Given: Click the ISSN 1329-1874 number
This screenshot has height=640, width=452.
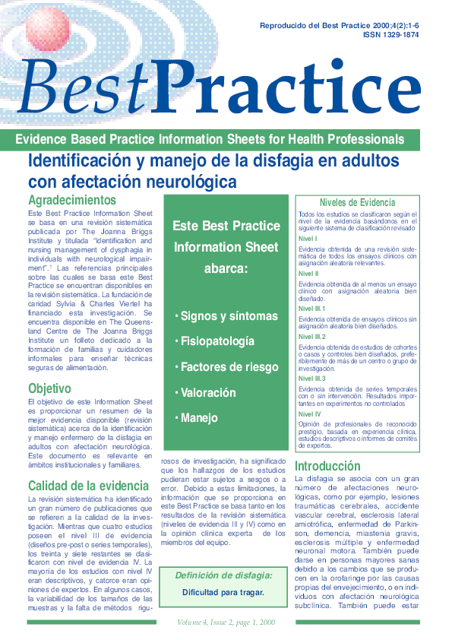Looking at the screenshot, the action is pyautogui.click(x=391, y=35).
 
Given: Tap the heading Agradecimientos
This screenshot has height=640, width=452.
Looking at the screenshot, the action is pyautogui.click(x=71, y=200).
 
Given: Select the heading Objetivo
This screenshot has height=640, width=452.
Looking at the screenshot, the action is pyautogui.click(x=49, y=388).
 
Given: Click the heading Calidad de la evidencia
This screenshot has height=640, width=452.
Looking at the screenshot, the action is pyautogui.click(x=89, y=485).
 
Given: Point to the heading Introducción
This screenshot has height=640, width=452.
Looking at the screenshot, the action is pyautogui.click(x=327, y=465).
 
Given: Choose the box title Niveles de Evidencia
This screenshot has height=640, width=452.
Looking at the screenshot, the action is pyautogui.click(x=357, y=203).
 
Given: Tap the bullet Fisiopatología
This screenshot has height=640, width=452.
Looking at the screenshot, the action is pyautogui.click(x=217, y=341).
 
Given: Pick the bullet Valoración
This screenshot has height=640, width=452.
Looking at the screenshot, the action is pyautogui.click(x=208, y=393).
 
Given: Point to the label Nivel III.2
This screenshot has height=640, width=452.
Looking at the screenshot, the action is pyautogui.click(x=311, y=336).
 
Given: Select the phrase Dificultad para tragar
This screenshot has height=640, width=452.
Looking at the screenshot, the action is pyautogui.click(x=223, y=593).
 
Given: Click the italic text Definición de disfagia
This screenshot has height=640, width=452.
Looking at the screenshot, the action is pyautogui.click(x=223, y=575).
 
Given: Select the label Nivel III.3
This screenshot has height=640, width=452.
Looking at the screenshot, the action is pyautogui.click(x=311, y=378).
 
